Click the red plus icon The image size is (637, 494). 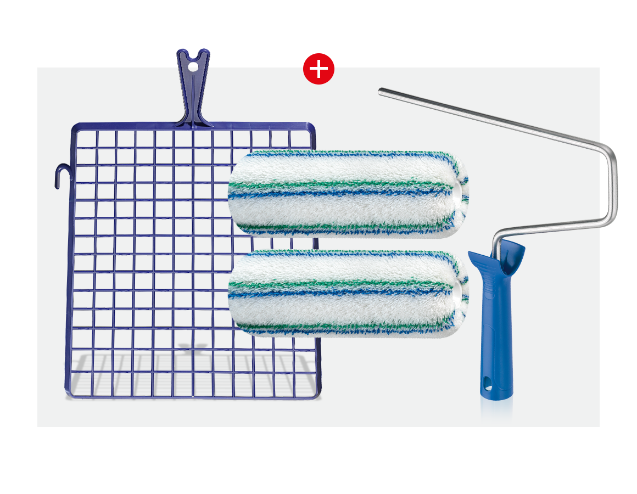(x=318, y=69)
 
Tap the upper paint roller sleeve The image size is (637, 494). (x=346, y=193)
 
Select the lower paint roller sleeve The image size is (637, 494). (x=346, y=293)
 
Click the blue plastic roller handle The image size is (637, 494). (x=496, y=329)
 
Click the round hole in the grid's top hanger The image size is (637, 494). (x=193, y=66)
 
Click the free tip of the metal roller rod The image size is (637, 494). (x=381, y=92)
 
